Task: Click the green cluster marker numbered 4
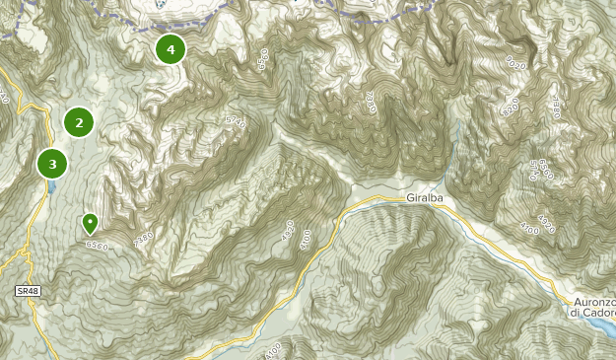[x=171, y=48]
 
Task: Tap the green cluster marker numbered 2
[x=79, y=122]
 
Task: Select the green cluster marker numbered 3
[x=52, y=163]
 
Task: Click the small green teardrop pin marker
[x=90, y=223]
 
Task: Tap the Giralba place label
[x=425, y=197]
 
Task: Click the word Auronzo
[x=594, y=301]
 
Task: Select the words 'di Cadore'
[x=592, y=313]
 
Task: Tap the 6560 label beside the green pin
[x=97, y=245]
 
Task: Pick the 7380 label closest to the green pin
[x=143, y=239]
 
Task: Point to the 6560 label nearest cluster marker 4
[x=262, y=58]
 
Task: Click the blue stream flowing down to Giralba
[x=455, y=148]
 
